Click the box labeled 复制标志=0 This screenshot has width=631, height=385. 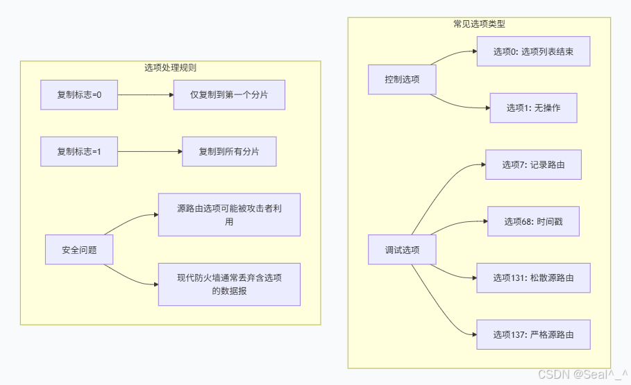79,95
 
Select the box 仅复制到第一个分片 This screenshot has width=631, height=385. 229,95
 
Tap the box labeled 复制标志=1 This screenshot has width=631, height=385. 79,151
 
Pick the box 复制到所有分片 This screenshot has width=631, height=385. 229,151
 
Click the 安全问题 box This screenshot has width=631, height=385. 79,250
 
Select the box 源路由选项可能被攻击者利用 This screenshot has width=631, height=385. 229,214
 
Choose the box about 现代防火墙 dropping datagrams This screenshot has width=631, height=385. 229,284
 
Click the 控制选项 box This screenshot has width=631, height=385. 403,79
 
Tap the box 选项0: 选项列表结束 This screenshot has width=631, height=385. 533,51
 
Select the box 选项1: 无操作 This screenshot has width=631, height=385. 533,108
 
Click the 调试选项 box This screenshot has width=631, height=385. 403,250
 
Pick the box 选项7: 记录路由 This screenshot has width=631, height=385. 533,165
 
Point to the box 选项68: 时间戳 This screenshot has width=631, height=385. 533,221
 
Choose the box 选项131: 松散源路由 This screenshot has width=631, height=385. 533,277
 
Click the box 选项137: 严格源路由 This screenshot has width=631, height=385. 533,334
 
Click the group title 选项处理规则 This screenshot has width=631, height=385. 170,68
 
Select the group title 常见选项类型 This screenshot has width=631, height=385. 479,24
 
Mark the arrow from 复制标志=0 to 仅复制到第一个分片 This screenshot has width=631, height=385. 145,95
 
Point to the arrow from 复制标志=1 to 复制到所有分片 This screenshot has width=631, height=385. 149,151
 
